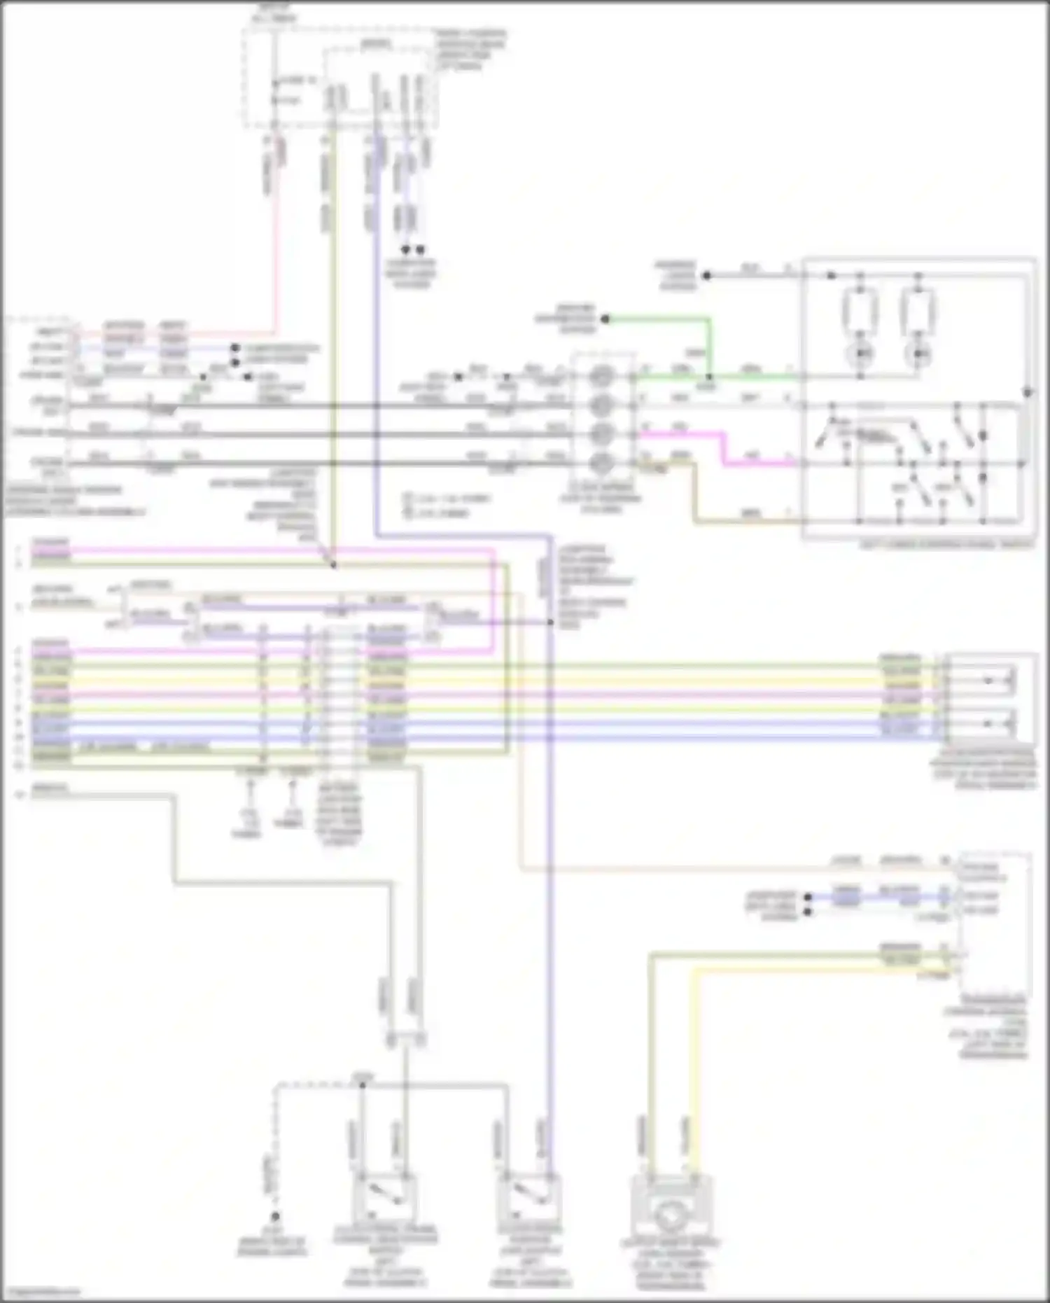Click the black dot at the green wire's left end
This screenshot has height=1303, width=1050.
tap(605, 319)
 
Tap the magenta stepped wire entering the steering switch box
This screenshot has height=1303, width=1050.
tap(725, 449)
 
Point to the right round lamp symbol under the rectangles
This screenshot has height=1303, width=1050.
tap(917, 354)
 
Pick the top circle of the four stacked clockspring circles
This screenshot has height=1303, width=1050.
tap(600, 377)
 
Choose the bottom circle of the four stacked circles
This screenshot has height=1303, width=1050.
tap(600, 462)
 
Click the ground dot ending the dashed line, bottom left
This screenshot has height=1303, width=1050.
tap(276, 1217)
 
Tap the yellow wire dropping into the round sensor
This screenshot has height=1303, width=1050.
tap(694, 1050)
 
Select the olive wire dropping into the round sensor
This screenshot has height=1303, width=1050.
tap(650, 1050)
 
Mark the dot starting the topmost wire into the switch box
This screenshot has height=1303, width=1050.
tap(707, 276)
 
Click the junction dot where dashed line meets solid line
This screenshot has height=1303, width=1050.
tap(362, 1085)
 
